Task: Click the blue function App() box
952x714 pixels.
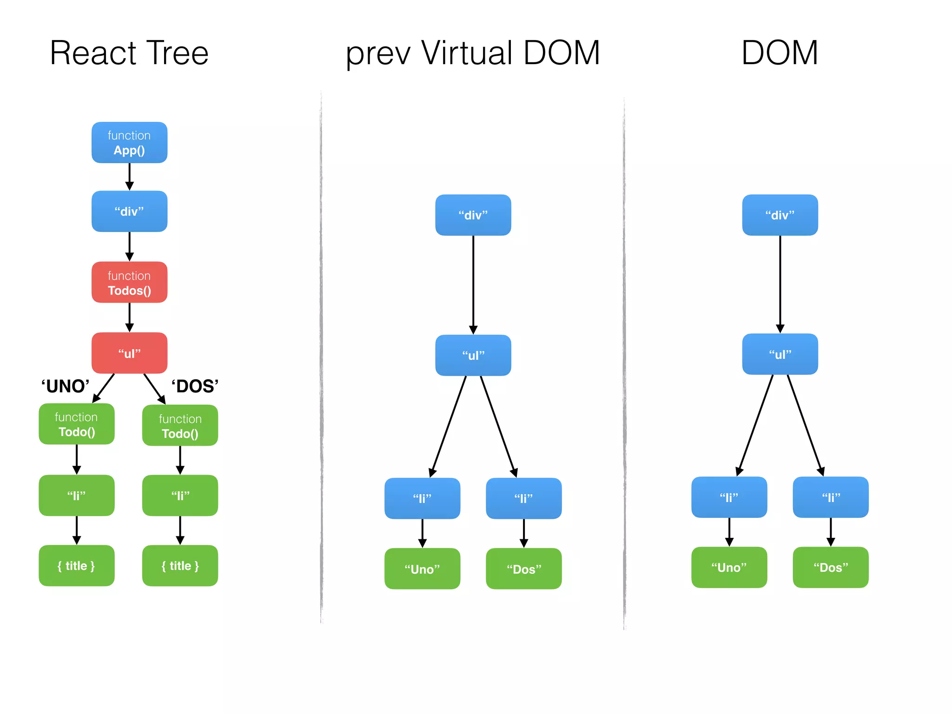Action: [129, 143]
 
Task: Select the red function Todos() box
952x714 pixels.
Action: [129, 283]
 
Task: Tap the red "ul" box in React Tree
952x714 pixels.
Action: [129, 353]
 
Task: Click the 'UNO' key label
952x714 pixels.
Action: [65, 386]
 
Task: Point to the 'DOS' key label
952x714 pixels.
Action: [195, 386]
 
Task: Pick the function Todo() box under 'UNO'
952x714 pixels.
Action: [77, 424]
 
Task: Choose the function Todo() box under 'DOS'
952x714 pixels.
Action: [180, 426]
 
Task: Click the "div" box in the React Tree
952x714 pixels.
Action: [129, 212]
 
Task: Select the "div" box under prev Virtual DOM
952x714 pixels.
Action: [473, 215]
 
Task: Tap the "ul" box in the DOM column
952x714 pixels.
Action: [780, 354]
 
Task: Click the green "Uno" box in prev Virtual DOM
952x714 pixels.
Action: [422, 569]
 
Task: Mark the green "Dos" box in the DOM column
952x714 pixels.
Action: [831, 568]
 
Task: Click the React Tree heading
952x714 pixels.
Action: [129, 53]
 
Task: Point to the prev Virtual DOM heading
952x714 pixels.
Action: [473, 53]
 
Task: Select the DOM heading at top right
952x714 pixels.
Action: [780, 53]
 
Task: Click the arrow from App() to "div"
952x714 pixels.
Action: [129, 177]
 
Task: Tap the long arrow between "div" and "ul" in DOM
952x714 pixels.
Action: [780, 284]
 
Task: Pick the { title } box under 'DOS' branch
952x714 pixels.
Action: [180, 566]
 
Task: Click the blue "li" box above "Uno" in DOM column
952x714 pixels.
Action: [729, 497]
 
